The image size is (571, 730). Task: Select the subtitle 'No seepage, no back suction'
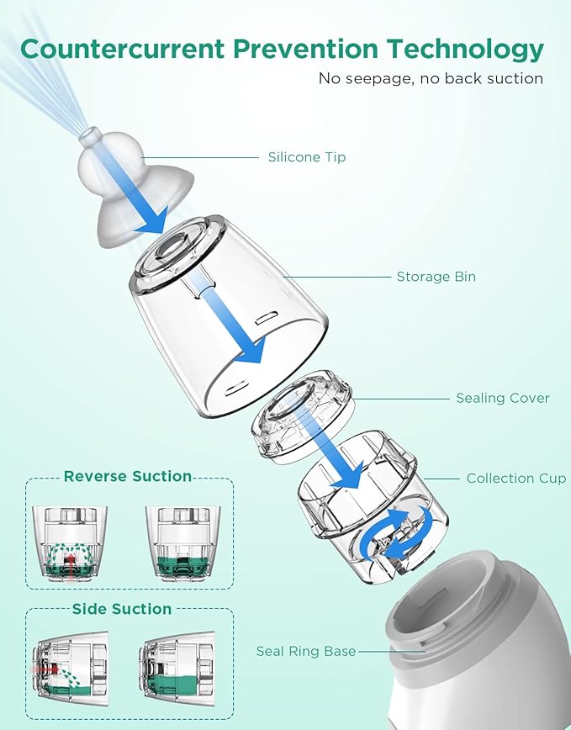coord(431,78)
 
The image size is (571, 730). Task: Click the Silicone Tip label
coord(306,157)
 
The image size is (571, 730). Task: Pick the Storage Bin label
coord(436,277)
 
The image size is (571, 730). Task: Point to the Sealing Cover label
coord(502,398)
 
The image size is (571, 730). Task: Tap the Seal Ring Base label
coord(305,652)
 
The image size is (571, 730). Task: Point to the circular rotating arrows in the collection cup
coord(402,532)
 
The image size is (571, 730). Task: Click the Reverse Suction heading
coord(128,477)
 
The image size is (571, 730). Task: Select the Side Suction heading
coord(122,609)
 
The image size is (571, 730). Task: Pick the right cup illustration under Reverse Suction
coord(182,542)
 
